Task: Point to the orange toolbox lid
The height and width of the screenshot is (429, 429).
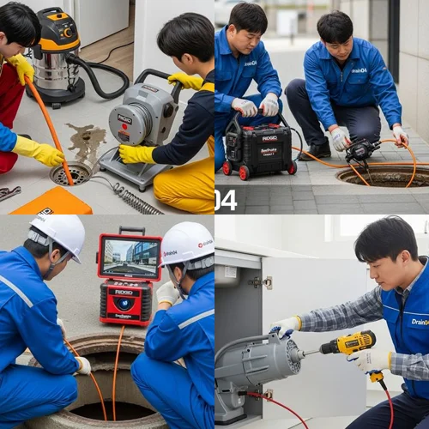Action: point(51,202)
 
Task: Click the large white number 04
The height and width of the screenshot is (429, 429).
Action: point(225,201)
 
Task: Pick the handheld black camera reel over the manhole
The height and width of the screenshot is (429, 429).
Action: point(360,151)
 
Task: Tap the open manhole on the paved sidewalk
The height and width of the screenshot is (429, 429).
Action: point(385,175)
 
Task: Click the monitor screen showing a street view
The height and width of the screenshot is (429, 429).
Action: point(130,256)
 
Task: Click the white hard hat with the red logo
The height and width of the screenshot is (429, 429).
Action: point(187,243)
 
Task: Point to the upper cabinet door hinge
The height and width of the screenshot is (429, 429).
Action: point(255,281)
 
